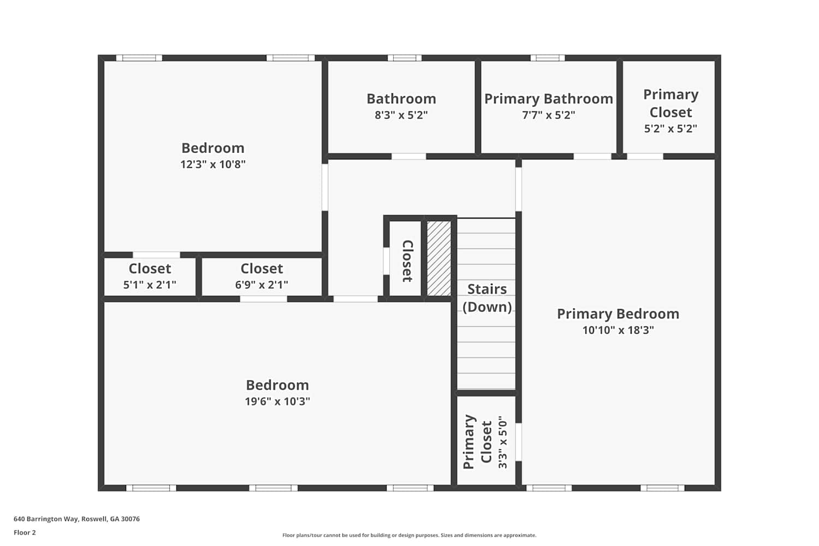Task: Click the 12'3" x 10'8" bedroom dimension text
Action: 213,164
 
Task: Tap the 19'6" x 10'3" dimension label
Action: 277,401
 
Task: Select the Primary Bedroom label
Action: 618,314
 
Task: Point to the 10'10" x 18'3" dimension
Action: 618,330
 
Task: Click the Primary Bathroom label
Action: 548,99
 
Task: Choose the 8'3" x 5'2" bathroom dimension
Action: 401,115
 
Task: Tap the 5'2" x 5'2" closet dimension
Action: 670,129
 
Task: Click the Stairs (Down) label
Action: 487,298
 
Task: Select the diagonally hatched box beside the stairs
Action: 439,258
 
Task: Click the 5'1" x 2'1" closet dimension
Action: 150,284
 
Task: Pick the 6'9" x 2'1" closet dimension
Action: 262,284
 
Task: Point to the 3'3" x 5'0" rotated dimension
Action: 503,442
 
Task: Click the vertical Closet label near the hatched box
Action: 407,261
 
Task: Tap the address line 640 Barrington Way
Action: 77,519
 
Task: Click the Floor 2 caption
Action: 25,532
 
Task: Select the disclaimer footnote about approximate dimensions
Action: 409,536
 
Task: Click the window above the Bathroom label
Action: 405,58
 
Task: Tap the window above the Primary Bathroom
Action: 547,58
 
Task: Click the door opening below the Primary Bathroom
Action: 592,157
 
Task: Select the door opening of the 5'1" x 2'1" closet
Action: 156,255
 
